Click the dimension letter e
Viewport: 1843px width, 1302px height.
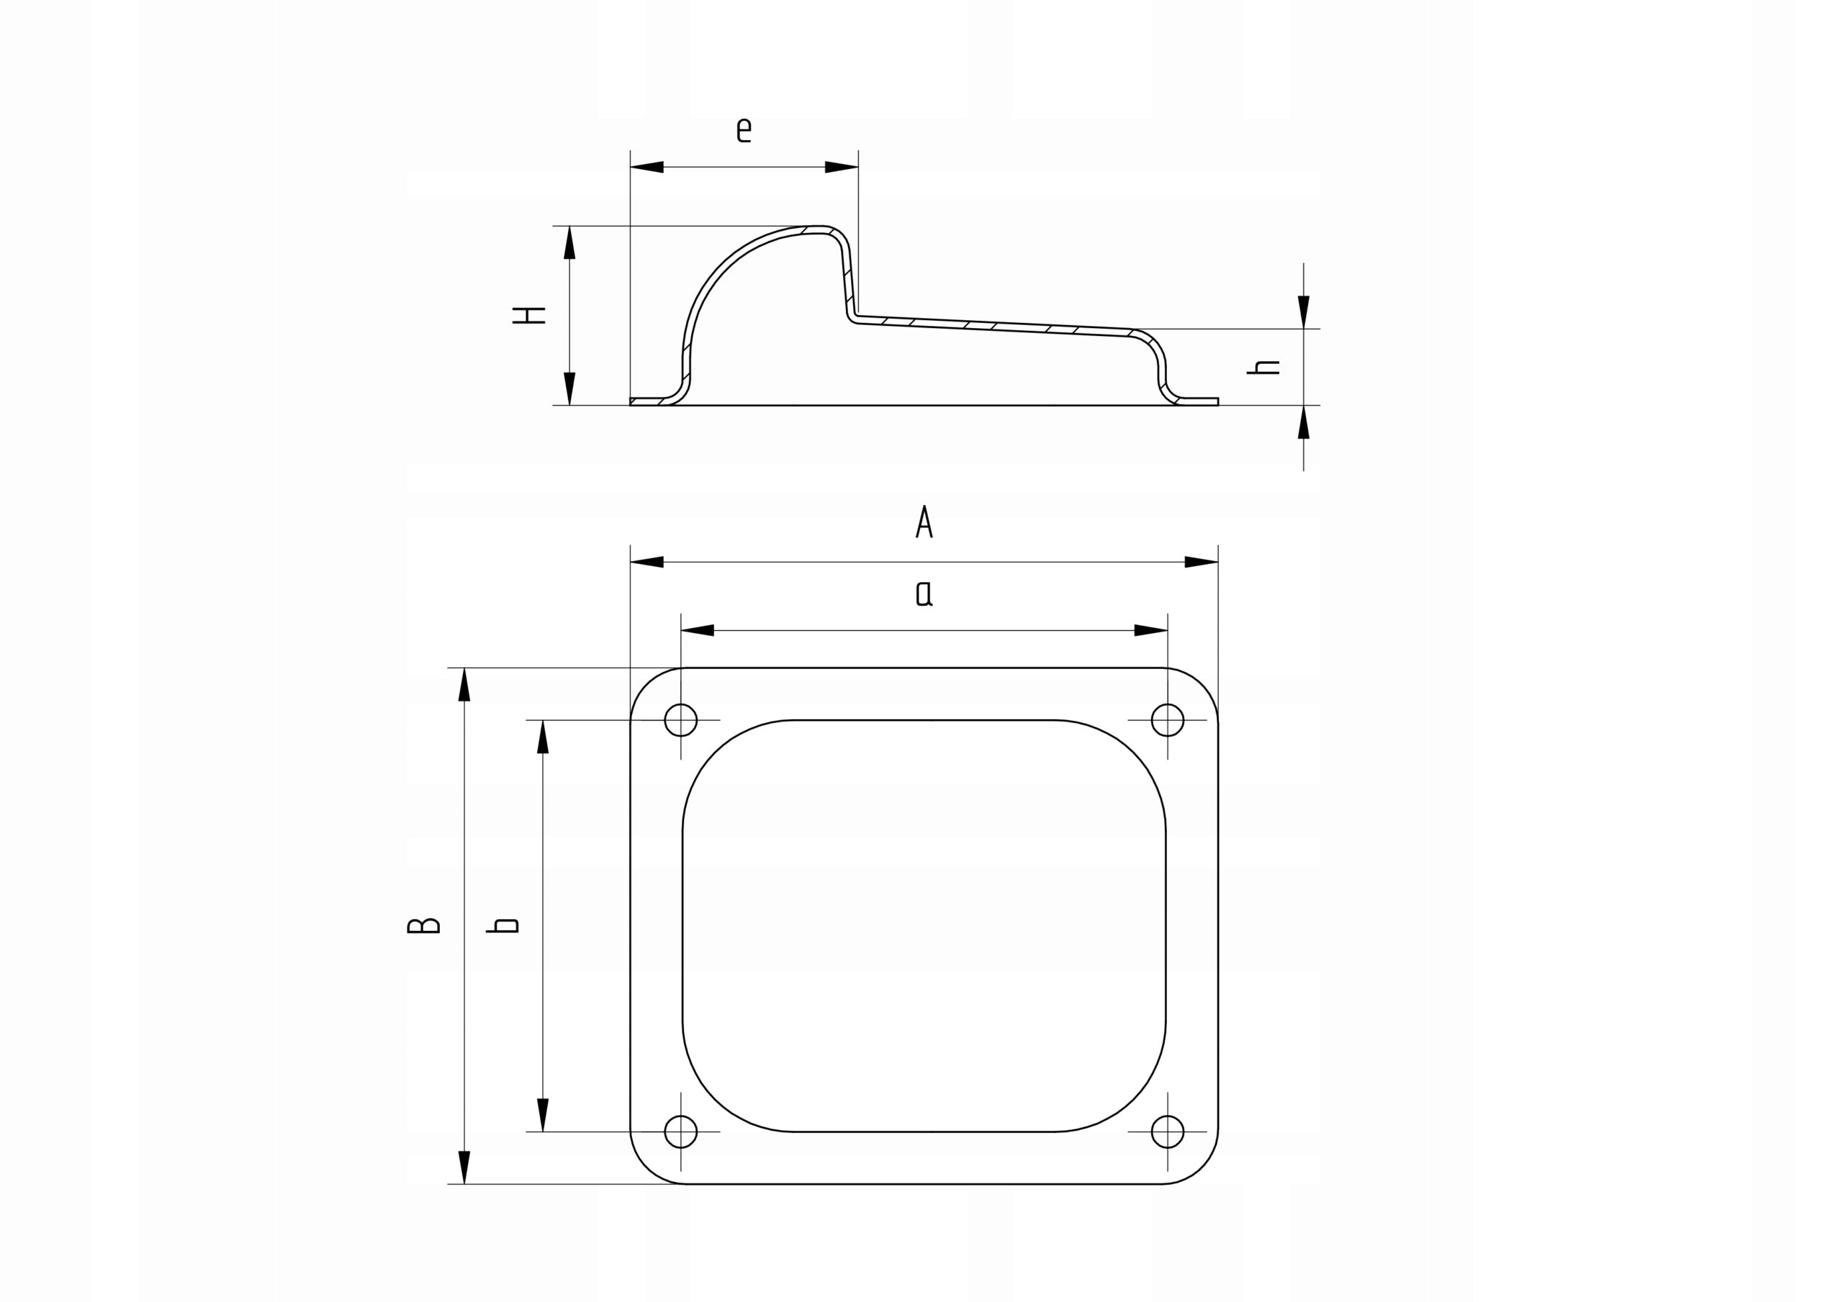coord(744,130)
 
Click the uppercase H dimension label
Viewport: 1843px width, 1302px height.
coord(529,315)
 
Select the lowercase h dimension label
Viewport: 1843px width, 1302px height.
coord(1263,368)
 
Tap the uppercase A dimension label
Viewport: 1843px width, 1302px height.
coord(924,522)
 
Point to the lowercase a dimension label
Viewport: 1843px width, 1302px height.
coord(924,593)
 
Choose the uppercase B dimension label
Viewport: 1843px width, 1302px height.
coord(423,926)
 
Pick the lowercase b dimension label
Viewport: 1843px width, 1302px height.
coord(503,926)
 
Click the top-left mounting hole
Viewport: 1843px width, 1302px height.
coord(681,719)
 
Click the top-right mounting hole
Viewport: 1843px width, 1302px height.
coord(1167,719)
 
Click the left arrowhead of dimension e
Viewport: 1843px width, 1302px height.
coord(646,167)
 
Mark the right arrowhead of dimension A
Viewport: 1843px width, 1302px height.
coord(1202,562)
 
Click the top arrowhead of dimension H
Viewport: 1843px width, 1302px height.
coord(570,242)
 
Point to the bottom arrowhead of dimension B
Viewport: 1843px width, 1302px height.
coord(464,1167)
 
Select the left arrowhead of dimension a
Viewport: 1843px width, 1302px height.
coord(697,631)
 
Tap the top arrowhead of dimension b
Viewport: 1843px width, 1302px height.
coord(543,737)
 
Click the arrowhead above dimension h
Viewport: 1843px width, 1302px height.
coord(1304,312)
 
